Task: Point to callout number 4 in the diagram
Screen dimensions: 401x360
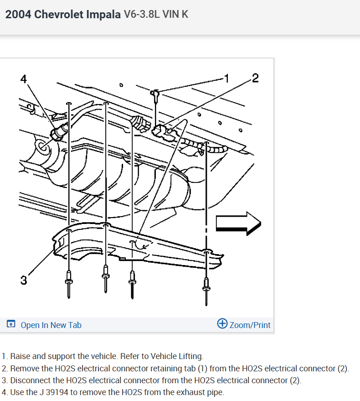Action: pos(24,78)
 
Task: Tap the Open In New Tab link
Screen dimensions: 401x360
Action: pos(51,325)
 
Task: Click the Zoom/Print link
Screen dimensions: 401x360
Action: pos(250,325)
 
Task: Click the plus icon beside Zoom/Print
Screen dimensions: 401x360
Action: pos(222,324)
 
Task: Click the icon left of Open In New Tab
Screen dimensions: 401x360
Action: pos(11,325)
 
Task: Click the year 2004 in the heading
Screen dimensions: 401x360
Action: pos(18,14)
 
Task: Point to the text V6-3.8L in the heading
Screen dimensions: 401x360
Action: pos(140,14)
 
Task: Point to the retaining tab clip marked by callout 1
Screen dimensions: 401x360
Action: pos(156,94)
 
